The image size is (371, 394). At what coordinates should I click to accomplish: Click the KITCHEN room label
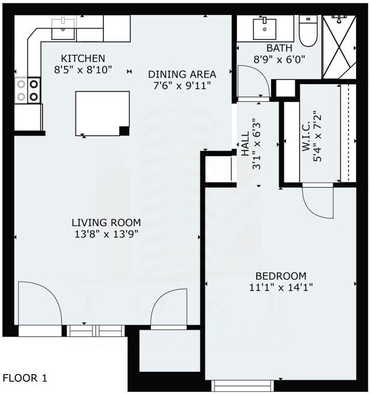click(x=83, y=58)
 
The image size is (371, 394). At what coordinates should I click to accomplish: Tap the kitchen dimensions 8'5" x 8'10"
click(x=83, y=69)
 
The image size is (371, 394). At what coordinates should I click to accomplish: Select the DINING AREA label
click(x=182, y=74)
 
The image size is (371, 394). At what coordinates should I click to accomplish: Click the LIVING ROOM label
click(x=106, y=222)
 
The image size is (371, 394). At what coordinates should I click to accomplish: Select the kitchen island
click(x=102, y=114)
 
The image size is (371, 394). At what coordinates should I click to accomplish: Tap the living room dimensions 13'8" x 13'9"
click(x=106, y=233)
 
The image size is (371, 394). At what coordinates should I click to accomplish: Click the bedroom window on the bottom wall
click(x=239, y=386)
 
